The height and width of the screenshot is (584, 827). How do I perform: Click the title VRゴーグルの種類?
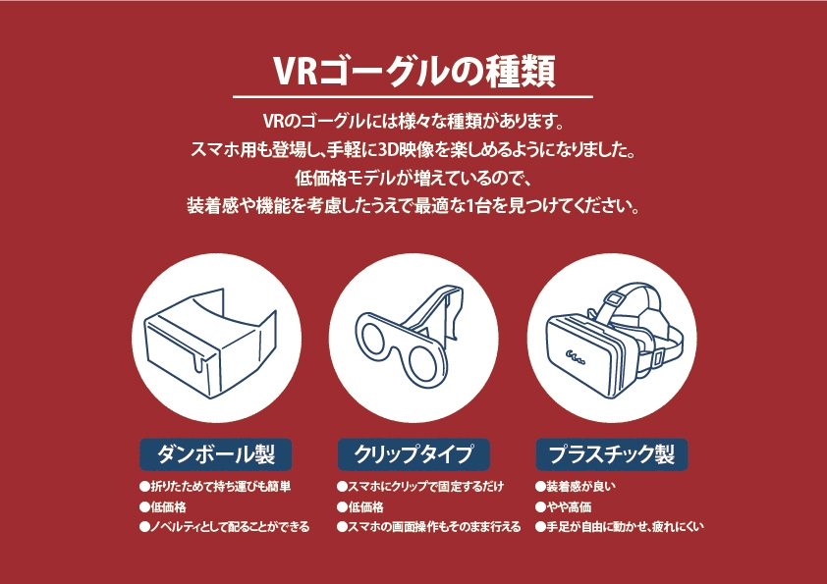click(413, 70)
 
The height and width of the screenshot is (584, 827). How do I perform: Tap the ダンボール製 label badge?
click(216, 454)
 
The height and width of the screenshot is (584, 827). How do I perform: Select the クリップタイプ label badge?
click(413, 454)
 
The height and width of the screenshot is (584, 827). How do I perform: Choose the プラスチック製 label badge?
click(611, 454)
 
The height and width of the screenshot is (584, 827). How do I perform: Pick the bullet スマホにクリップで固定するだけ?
click(419, 487)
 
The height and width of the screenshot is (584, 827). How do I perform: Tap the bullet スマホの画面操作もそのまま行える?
click(428, 527)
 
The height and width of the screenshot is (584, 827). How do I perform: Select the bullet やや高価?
click(563, 506)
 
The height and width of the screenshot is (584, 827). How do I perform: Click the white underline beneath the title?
click(413, 97)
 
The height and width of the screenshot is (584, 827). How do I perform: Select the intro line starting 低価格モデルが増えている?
click(413, 179)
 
